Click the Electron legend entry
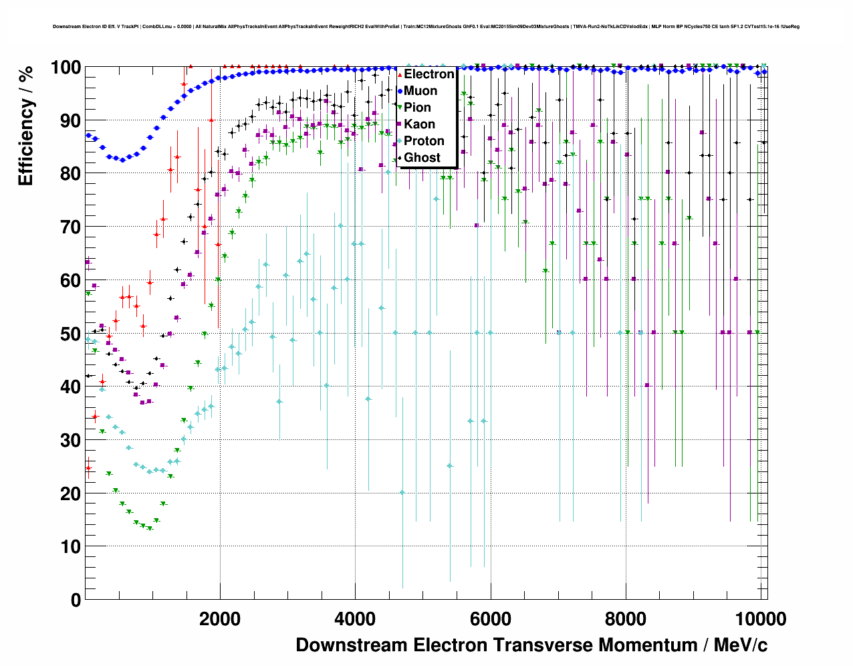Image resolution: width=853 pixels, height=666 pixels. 429,74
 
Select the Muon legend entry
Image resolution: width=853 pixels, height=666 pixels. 420,91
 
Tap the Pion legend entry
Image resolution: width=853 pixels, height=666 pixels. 417,108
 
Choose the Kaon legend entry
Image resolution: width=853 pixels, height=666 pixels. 419,124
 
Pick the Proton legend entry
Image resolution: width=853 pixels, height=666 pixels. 424,141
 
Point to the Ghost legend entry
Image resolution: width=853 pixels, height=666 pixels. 422,158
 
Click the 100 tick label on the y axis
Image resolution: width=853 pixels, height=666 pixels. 66,68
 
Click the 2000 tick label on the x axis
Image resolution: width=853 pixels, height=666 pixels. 220,619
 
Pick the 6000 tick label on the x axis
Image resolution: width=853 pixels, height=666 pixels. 491,619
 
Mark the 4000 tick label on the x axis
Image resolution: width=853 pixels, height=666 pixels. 355,619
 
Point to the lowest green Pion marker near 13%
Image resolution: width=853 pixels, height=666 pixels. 150,528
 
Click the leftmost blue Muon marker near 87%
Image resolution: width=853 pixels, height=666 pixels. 88,136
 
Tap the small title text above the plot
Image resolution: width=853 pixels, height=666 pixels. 426,27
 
